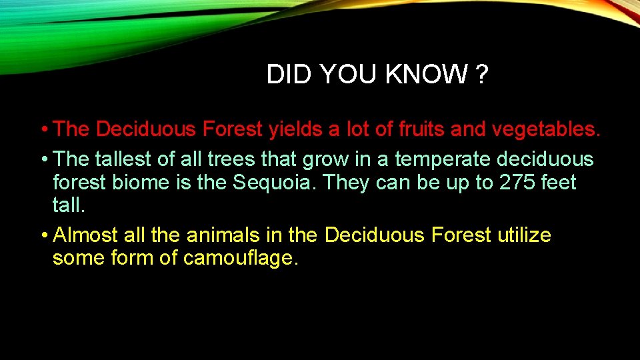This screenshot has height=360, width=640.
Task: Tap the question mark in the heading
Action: coord(482,75)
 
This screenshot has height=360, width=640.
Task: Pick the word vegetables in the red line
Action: coord(546,129)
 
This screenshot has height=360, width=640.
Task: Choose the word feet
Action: coord(558,182)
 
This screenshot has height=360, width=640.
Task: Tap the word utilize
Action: coord(524,235)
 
